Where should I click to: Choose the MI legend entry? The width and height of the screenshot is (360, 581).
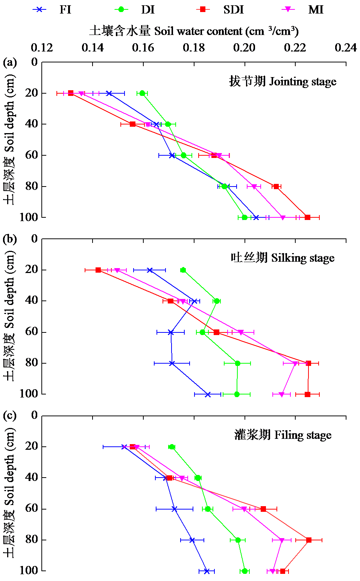click(303, 9)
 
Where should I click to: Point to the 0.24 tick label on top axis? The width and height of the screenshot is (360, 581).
click(345, 48)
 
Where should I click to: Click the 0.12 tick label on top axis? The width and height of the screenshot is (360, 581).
click(42, 48)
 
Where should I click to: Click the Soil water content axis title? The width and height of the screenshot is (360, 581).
click(194, 31)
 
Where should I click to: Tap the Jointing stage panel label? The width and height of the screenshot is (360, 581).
click(283, 81)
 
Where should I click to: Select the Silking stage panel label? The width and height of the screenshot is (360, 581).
click(283, 258)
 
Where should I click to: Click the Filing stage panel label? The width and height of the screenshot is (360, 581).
click(283, 435)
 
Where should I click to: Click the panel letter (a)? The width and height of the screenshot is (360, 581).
click(10, 62)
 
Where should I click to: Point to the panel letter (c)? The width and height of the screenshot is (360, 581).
click(10, 416)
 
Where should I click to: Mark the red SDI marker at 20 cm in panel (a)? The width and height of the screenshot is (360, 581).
click(71, 93)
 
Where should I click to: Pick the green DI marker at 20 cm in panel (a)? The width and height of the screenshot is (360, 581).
click(142, 93)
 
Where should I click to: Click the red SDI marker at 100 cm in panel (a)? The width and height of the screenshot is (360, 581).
click(307, 217)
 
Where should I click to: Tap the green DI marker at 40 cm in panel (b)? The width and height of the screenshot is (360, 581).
click(217, 301)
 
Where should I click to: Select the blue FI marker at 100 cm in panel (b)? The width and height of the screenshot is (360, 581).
click(208, 394)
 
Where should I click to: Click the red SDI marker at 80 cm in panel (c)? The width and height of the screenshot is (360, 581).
click(309, 540)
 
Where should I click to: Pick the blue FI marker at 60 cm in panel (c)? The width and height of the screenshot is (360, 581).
click(175, 509)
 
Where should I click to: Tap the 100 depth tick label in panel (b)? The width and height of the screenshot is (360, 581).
click(29, 394)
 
